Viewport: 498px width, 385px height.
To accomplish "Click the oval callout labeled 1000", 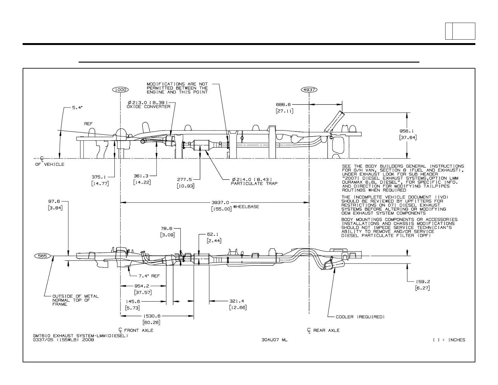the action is pyautogui.click(x=120, y=90).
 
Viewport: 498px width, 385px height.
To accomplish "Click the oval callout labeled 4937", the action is pyautogui.click(x=309, y=90).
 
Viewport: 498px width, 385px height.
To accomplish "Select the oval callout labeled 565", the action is pyautogui.click(x=42, y=256).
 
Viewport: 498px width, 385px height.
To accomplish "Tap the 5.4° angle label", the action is pyautogui.click(x=77, y=108).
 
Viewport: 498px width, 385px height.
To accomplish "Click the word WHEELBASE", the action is pyautogui.click(x=246, y=207).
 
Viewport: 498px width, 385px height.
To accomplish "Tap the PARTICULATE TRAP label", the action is pyautogui.click(x=254, y=183).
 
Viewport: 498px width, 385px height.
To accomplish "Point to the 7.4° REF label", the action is pyautogui.click(x=149, y=276).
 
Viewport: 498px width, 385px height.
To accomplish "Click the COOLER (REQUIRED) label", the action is pyautogui.click(x=360, y=317).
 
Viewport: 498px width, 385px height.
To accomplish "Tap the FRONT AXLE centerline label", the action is pyautogui.click(x=139, y=330).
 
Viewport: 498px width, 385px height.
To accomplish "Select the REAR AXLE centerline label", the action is pyautogui.click(x=326, y=330).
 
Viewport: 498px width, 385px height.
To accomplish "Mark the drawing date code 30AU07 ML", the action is pyautogui.click(x=274, y=340).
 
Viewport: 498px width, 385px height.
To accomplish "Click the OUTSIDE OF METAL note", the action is pyautogui.click(x=75, y=296).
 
